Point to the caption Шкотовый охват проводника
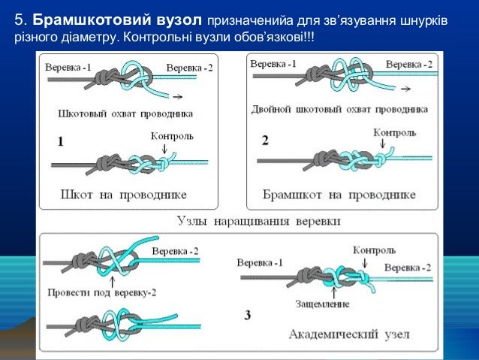click(x=125, y=114)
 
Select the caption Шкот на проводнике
click(x=122, y=195)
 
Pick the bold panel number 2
click(x=264, y=140)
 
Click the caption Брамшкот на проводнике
click(x=339, y=195)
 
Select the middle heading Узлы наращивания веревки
click(x=258, y=222)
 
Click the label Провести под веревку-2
click(x=95, y=292)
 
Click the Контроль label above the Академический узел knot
click(x=369, y=249)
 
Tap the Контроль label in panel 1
click(x=172, y=136)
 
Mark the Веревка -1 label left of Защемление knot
click(x=260, y=263)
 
